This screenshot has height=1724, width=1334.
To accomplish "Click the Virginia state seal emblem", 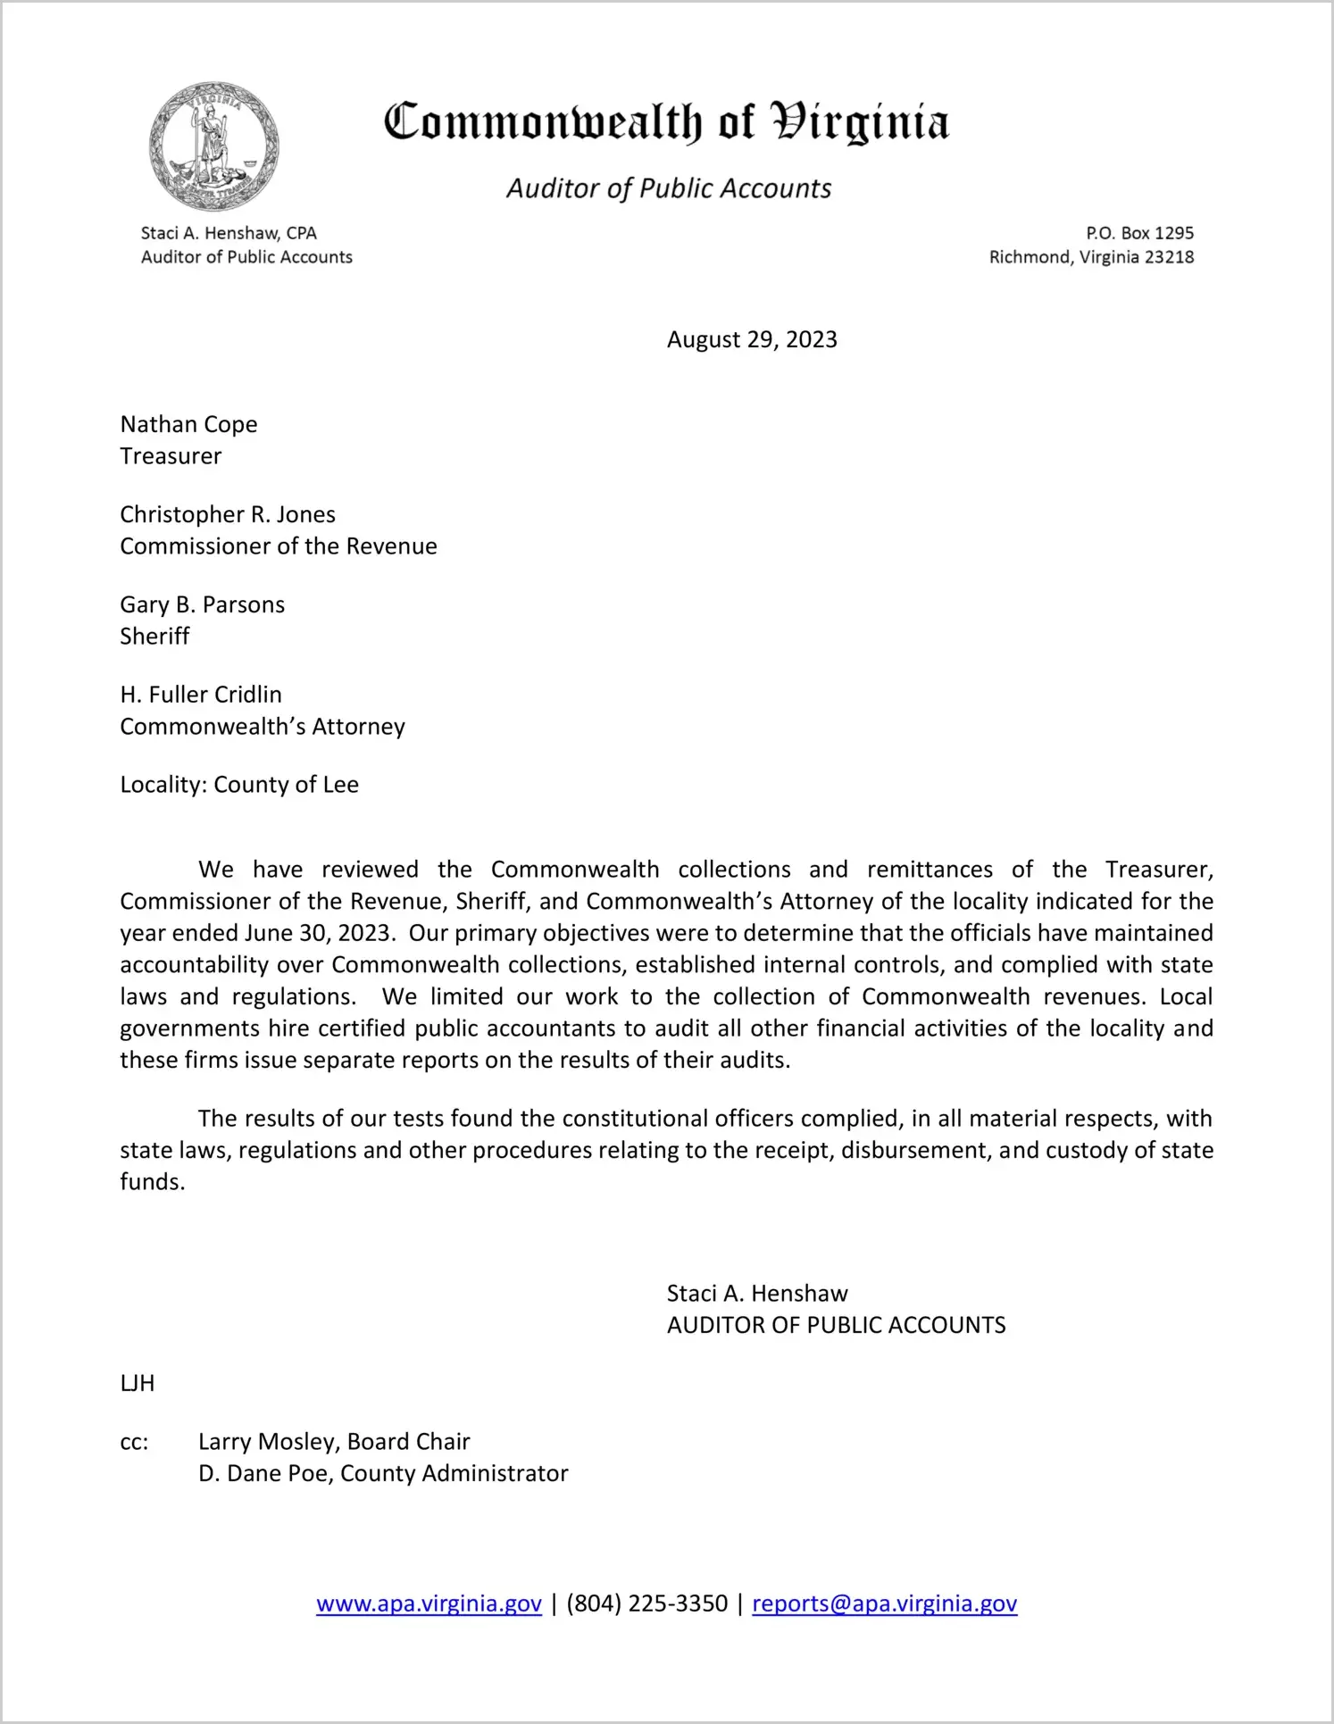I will (x=214, y=146).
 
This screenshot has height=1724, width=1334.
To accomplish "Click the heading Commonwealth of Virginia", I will (x=666, y=122).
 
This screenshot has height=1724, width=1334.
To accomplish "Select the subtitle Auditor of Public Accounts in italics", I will (x=669, y=188).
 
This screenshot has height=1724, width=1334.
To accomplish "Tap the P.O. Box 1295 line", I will (x=1139, y=233).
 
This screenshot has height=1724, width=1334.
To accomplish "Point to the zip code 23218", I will (x=1169, y=257).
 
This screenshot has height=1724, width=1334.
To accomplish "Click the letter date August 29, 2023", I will (x=752, y=340).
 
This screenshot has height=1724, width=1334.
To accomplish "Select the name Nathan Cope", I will (x=188, y=424).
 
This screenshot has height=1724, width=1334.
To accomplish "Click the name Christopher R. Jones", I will (x=228, y=514).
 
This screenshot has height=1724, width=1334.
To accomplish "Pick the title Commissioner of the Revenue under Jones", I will (x=279, y=546).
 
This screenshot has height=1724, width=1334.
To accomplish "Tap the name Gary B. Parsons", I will (x=202, y=604).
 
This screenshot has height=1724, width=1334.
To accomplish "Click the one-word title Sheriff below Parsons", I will (x=154, y=637).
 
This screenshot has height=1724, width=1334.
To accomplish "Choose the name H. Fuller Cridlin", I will (x=201, y=695).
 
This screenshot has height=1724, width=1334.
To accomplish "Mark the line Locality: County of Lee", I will (x=239, y=785).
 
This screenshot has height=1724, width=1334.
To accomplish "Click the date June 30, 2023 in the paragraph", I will (x=318, y=933).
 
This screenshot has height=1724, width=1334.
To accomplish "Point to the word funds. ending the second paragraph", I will (x=153, y=1182).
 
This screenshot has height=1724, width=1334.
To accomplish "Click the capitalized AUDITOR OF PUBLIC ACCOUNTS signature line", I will (x=836, y=1325).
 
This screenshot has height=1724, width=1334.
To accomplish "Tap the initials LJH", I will (x=138, y=1383).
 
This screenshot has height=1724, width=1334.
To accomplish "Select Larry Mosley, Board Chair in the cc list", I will (x=334, y=1441).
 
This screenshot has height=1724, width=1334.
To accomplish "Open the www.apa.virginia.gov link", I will (x=429, y=1603).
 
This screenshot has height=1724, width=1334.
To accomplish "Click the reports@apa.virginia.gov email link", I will (x=884, y=1603).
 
